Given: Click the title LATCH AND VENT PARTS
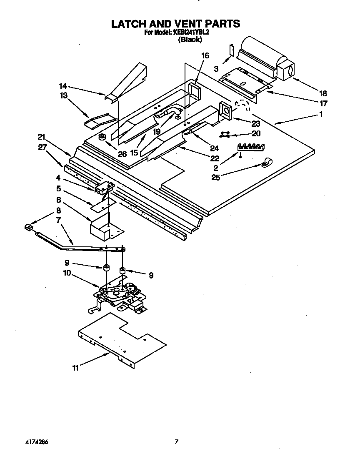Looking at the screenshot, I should click(175, 23).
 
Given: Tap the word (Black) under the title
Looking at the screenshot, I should click(190, 40).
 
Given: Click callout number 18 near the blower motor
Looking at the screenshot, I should click(323, 93).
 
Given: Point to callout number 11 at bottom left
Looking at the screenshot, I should click(75, 368).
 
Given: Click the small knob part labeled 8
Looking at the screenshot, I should click(28, 228).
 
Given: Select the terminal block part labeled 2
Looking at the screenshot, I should click(251, 146).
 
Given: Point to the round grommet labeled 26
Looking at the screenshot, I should click(102, 137).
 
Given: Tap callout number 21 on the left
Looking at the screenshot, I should click(41, 137).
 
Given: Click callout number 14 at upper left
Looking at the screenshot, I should click(63, 86).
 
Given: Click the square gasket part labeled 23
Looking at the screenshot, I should click(226, 111).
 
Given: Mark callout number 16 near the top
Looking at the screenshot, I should click(205, 55).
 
